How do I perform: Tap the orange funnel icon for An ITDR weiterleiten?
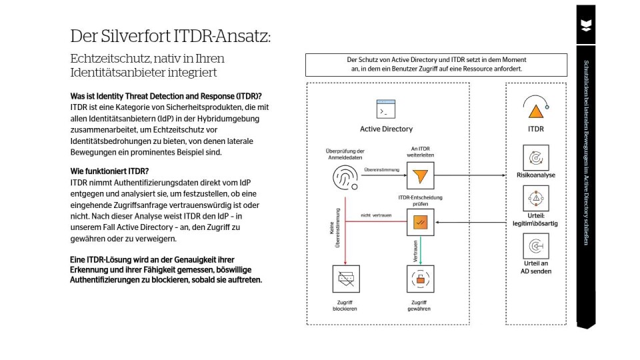[x=420, y=176]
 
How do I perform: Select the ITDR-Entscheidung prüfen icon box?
[x=420, y=223]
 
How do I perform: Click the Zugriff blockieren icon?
[x=345, y=279]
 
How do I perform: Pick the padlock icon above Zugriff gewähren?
[x=420, y=279]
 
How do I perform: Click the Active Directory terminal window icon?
[x=386, y=109]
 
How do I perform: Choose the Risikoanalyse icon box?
[x=536, y=157]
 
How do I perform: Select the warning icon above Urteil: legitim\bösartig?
[x=536, y=199]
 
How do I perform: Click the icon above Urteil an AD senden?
[x=536, y=247]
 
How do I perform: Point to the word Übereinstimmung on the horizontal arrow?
[x=381, y=171]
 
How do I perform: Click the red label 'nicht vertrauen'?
[x=376, y=215]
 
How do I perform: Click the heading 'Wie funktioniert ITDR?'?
[x=109, y=171]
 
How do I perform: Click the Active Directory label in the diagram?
[x=386, y=129]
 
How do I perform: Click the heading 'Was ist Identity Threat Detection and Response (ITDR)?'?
[x=165, y=96]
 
